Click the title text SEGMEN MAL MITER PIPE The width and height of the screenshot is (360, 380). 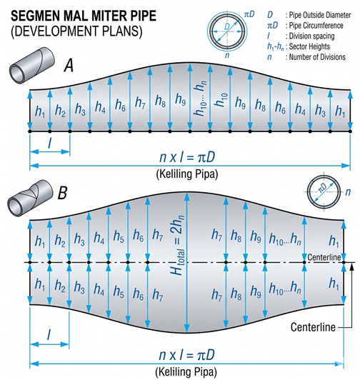[84, 16]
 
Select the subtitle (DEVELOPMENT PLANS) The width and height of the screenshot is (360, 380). [76, 31]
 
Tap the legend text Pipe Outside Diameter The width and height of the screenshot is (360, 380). [320, 15]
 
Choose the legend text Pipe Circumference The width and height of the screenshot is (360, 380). [316, 26]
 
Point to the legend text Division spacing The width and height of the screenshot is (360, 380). [311, 36]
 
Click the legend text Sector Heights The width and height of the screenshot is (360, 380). [309, 46]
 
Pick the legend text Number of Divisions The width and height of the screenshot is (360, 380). [317, 57]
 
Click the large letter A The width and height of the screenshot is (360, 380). [69, 66]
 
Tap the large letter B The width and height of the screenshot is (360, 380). [62, 193]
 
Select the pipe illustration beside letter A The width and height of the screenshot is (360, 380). [31, 66]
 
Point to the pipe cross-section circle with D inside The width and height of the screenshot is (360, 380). [227, 31]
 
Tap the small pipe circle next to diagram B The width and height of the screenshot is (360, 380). [324, 192]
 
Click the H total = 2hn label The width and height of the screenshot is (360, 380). [177, 245]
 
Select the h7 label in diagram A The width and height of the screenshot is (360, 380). [141, 102]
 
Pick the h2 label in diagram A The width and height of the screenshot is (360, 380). [60, 111]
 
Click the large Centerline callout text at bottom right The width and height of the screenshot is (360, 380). [313, 327]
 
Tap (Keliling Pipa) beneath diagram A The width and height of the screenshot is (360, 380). [187, 174]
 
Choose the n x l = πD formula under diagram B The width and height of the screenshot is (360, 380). [187, 355]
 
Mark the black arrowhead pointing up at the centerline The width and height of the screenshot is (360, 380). [351, 266]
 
